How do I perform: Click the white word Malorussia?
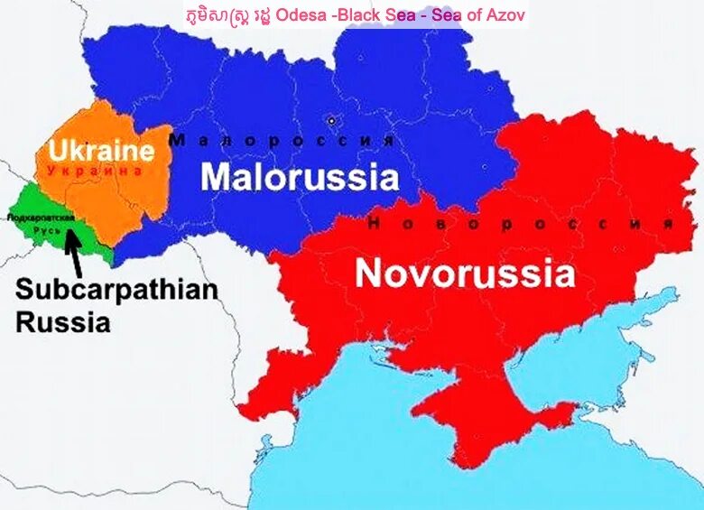click(299, 176)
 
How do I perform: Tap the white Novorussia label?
click(465, 273)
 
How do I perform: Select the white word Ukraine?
click(101, 150)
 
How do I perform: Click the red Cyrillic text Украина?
click(95, 170)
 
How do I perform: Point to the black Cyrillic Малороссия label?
click(282, 141)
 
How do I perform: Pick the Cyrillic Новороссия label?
click(521, 224)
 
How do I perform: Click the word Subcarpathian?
click(116, 291)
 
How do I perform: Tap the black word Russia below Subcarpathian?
click(62, 321)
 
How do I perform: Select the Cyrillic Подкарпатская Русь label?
click(39, 224)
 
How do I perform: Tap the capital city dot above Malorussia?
click(331, 120)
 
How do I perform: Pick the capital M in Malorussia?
click(217, 176)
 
